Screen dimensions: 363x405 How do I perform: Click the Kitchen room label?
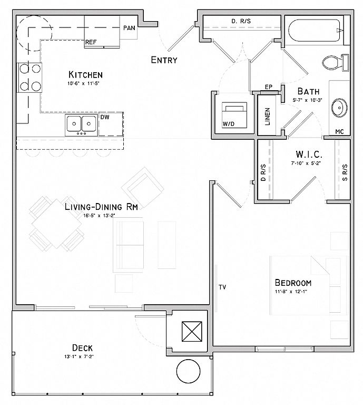click(x=86, y=75)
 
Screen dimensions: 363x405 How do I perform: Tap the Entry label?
click(x=164, y=60)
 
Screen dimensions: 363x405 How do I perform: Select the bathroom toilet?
click(x=335, y=63)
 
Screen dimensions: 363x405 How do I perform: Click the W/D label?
click(x=229, y=124)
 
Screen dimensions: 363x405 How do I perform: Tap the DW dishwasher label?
click(x=105, y=117)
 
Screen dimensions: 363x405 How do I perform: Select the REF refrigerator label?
click(x=91, y=42)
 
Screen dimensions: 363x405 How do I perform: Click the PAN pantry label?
click(x=129, y=28)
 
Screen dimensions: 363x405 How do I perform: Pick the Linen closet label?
click(x=267, y=117)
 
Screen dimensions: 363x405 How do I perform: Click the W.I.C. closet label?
click(x=309, y=154)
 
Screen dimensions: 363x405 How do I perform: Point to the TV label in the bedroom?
click(x=222, y=287)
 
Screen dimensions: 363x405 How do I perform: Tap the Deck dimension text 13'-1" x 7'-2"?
click(x=79, y=356)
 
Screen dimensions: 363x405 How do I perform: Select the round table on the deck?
click(x=188, y=371)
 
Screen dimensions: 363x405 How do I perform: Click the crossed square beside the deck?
click(x=192, y=331)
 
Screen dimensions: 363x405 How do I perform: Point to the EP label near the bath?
click(x=269, y=87)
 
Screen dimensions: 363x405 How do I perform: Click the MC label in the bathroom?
click(x=339, y=131)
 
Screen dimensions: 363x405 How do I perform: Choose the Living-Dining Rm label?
click(x=101, y=207)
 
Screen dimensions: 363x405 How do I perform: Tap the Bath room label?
click(x=308, y=91)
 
